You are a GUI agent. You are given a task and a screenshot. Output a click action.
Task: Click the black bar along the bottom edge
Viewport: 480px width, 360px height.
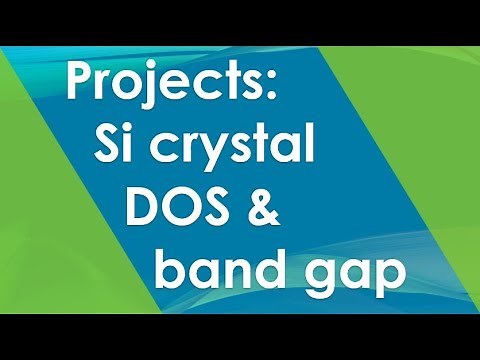tap(240, 336)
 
